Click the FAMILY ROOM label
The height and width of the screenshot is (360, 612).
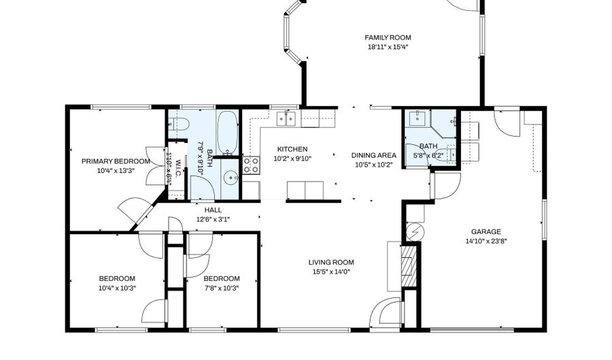point(388,37)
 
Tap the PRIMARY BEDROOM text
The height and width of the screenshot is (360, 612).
point(116,161)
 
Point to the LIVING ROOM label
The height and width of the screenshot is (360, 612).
point(331,262)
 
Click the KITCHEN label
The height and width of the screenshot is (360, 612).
point(292,149)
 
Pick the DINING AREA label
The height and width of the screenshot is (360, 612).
point(373,155)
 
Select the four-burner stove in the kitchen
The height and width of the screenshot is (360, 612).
point(251,165)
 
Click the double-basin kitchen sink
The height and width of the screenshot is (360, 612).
point(286,119)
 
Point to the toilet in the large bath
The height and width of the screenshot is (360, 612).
point(180,125)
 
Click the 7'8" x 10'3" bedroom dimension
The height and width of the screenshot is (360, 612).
point(221,287)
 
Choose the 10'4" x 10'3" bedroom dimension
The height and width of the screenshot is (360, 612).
point(117,287)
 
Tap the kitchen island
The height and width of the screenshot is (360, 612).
point(305,189)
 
